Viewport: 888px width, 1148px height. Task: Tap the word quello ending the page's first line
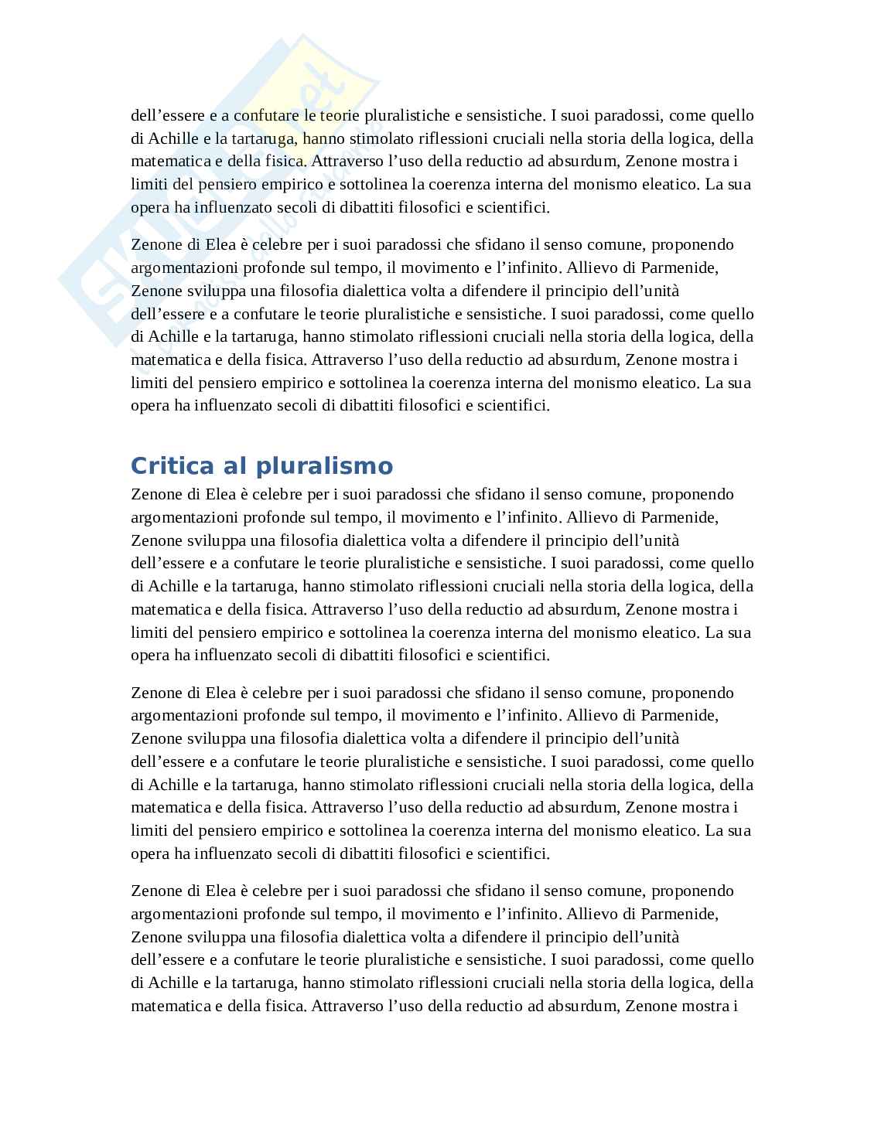click(730, 116)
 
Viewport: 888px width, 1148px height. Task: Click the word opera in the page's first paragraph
click(150, 208)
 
